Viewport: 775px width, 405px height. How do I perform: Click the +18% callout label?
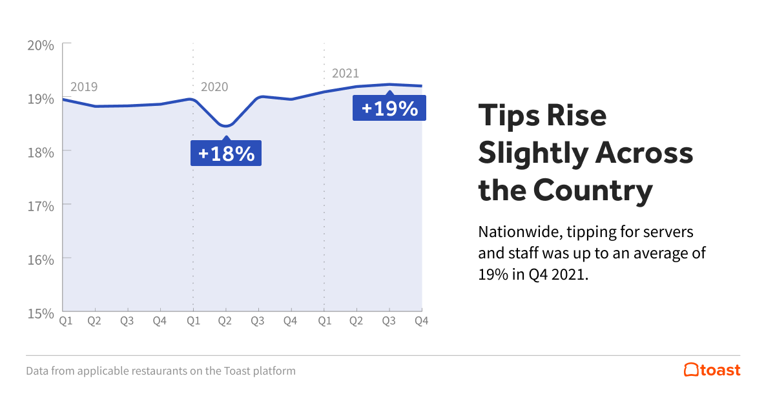226,154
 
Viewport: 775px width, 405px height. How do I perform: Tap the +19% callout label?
389,108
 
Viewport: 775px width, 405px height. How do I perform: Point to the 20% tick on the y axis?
40,45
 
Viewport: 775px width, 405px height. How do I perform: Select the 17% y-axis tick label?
40,205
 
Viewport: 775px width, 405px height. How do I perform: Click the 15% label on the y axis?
40,313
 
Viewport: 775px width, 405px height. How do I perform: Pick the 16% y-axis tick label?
40,259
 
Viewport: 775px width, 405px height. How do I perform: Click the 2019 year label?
84,87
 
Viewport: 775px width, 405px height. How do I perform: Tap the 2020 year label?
214,87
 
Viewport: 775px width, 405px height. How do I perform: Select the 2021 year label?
345,73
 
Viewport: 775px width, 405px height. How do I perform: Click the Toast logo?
712,370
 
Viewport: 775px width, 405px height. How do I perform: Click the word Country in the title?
592,191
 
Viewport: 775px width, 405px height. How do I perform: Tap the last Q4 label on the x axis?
422,320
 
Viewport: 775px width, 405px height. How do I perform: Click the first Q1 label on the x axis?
65,320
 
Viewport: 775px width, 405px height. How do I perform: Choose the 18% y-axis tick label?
40,152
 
